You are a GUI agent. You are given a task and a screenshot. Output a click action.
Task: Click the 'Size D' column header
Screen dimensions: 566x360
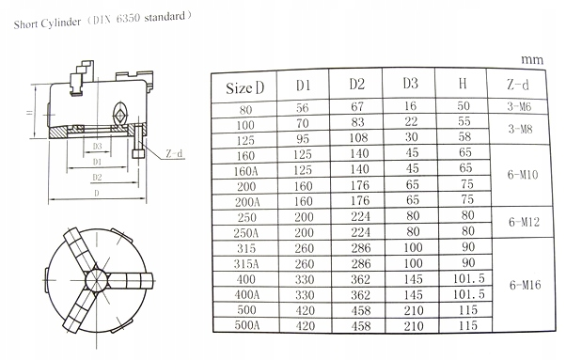coord(244,87)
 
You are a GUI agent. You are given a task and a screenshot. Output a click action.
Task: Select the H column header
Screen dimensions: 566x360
coord(463,84)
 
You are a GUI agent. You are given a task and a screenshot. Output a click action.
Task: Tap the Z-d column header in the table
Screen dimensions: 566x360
coord(517,85)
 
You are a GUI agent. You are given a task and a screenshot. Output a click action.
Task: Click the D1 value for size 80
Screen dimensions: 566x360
coord(303,107)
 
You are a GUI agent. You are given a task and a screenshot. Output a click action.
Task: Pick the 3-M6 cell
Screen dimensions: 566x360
coord(519,106)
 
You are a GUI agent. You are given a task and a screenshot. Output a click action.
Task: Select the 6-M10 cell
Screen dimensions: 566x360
coord(523,175)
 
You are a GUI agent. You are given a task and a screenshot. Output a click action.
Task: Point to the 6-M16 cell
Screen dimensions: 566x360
coord(525,285)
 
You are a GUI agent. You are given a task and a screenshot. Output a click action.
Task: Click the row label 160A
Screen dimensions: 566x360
coord(245,171)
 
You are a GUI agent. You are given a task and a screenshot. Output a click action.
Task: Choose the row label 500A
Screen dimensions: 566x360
coord(247,325)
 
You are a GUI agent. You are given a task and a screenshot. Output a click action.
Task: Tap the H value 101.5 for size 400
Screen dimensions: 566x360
coord(468,278)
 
